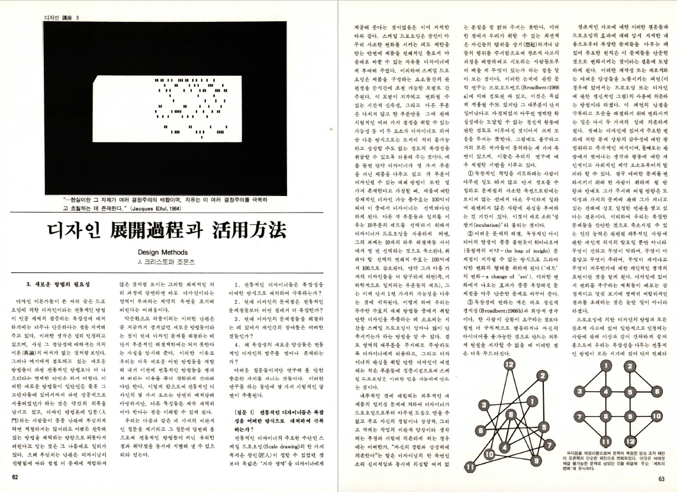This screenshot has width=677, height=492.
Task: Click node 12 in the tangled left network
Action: (510, 365)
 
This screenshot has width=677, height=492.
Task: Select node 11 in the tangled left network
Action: (469, 466)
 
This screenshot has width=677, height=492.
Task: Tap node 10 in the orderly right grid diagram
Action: (655, 416)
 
